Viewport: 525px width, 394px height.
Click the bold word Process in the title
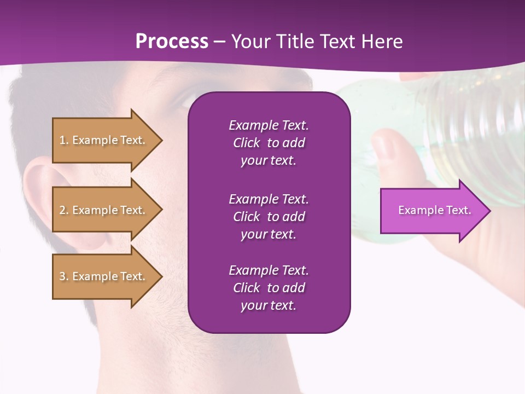tap(172, 42)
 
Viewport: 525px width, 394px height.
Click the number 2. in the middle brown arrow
tap(64, 210)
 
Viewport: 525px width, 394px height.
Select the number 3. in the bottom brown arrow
tap(64, 276)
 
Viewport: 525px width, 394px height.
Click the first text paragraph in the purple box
tap(269, 143)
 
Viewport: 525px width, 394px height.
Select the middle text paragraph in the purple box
tap(269, 217)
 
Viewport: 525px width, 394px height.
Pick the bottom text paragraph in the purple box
tap(269, 288)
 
